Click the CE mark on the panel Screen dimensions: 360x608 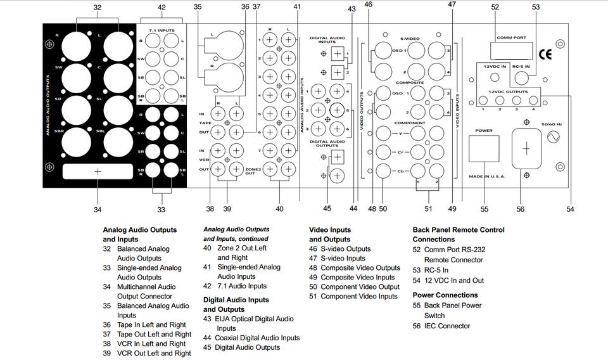[545, 53]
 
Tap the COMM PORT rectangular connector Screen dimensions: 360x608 [511, 51]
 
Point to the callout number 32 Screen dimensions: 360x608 [97, 8]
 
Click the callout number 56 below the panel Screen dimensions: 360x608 [521, 209]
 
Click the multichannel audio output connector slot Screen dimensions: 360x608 [98, 171]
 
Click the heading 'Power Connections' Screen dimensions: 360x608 [445, 295]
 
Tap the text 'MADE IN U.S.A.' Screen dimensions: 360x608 [486, 176]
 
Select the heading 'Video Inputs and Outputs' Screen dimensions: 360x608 [329, 235]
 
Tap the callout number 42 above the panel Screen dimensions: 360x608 [161, 8]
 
